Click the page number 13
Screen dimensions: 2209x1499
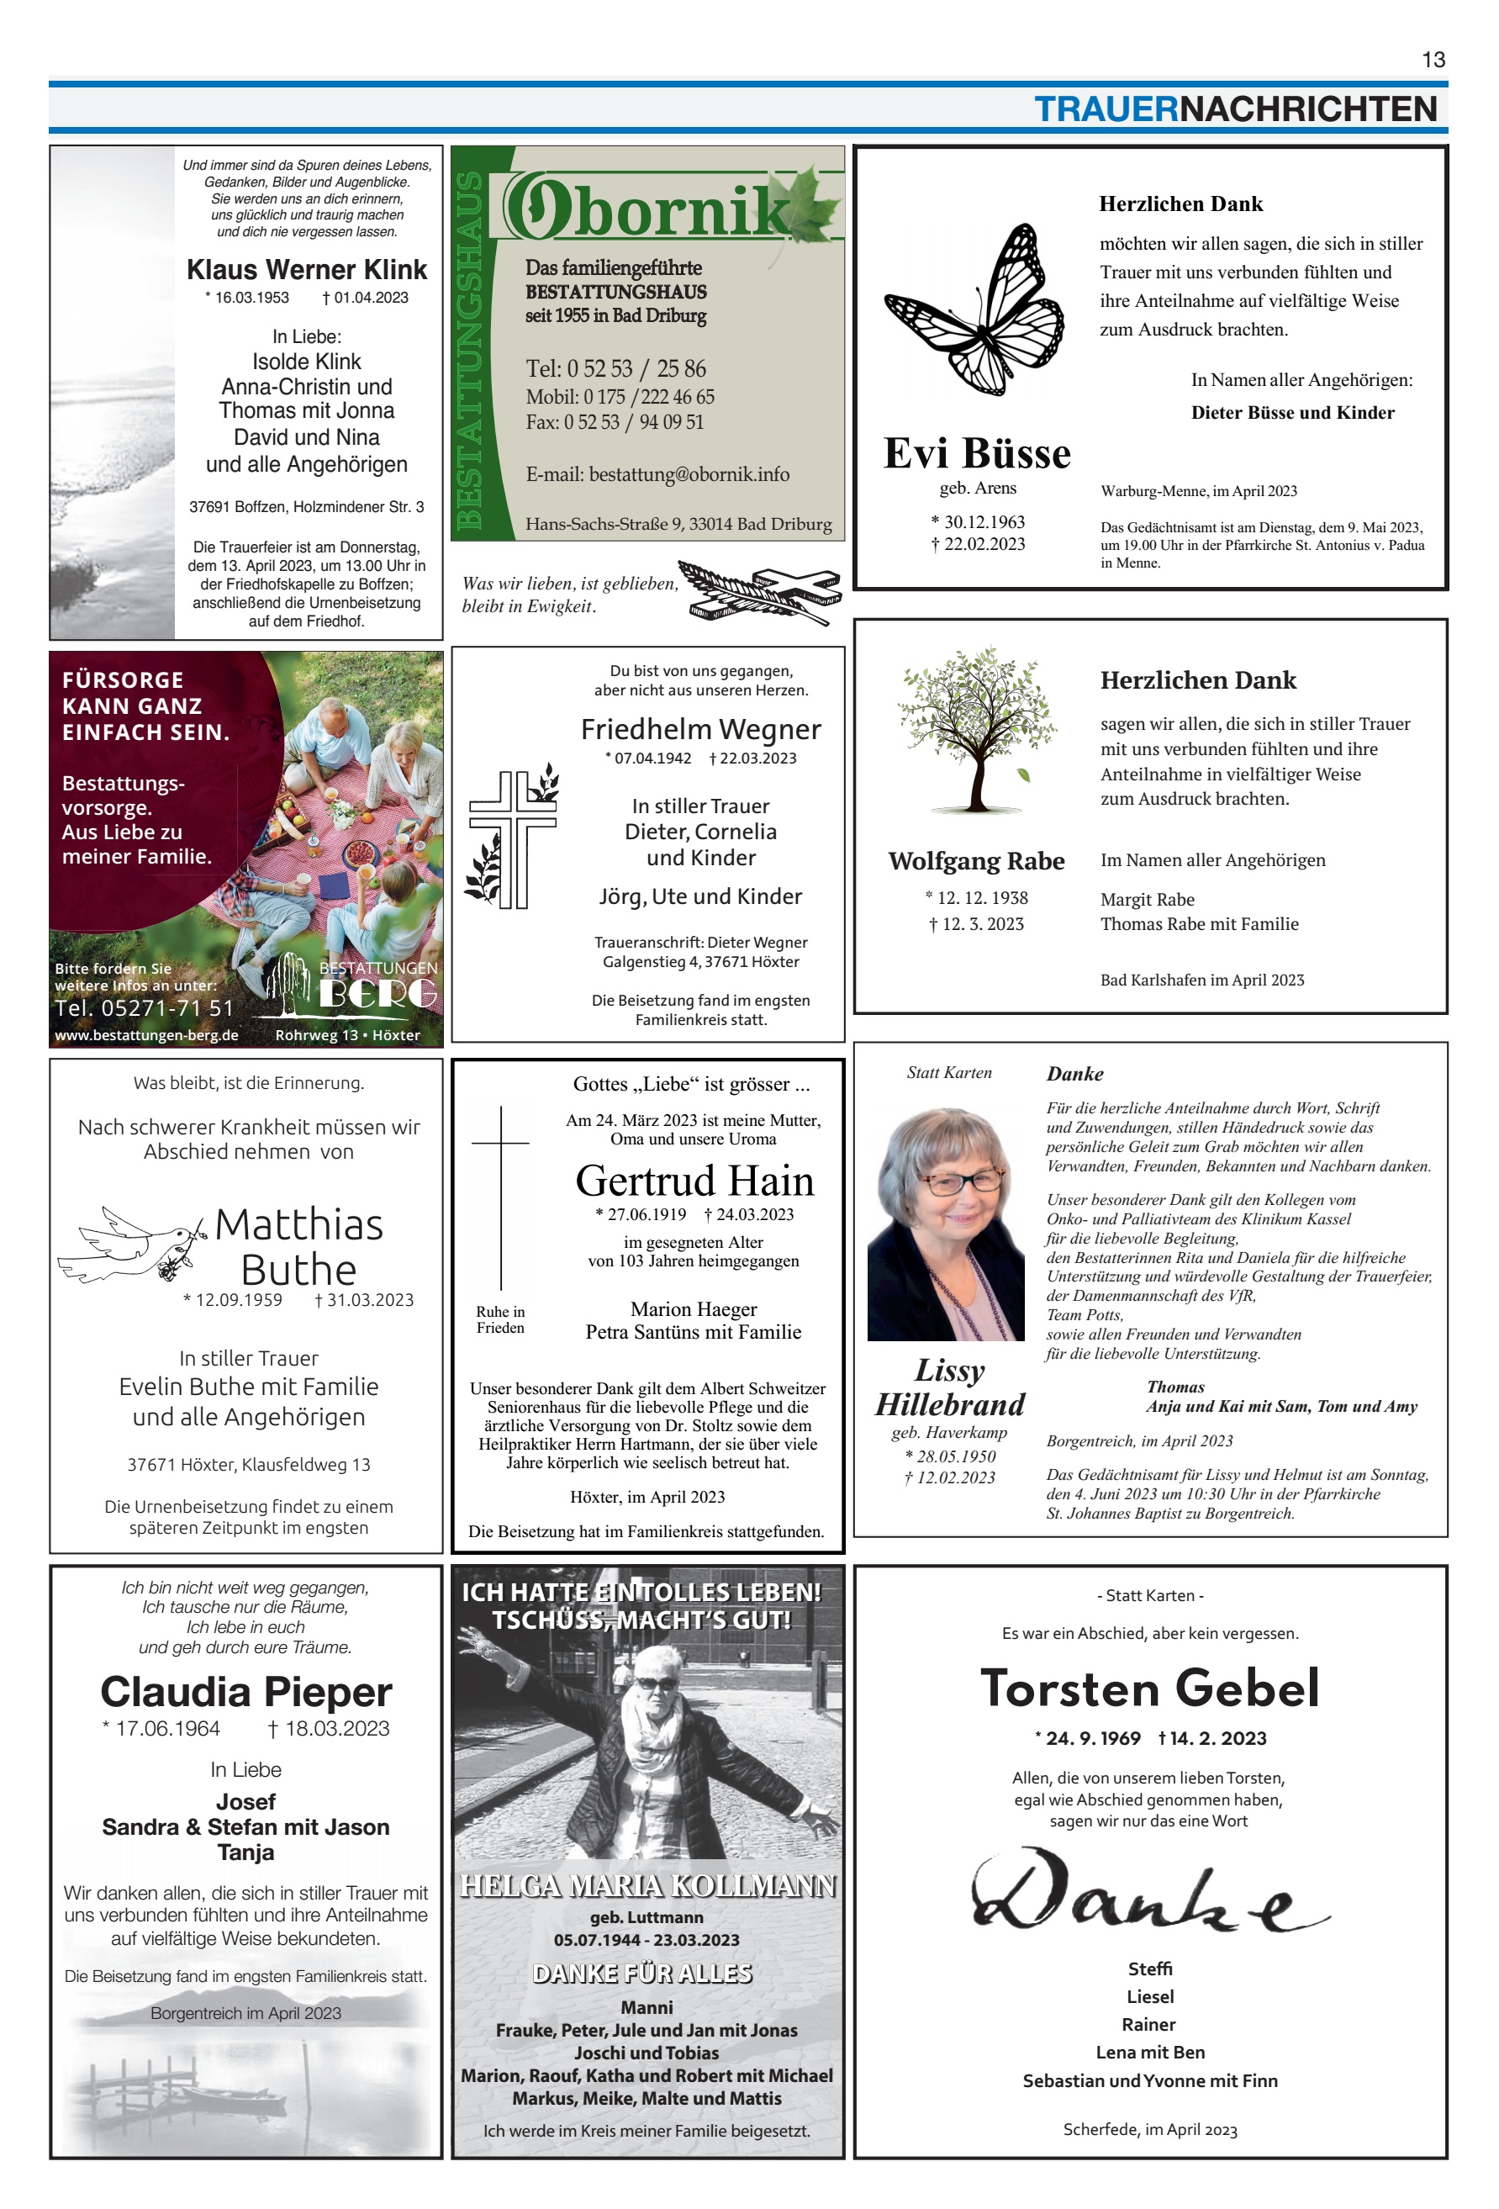(x=1433, y=60)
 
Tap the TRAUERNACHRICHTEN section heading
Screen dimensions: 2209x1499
(x=1235, y=109)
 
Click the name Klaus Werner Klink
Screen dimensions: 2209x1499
(x=306, y=270)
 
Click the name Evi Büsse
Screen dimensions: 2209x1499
(x=976, y=453)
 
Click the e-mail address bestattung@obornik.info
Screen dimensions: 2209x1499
(x=657, y=474)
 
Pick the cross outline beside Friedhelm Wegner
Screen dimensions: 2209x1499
(x=512, y=838)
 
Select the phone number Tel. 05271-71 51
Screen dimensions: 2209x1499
(x=144, y=1007)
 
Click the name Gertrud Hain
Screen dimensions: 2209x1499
(x=694, y=1181)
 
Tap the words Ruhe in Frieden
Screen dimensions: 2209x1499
(x=500, y=1319)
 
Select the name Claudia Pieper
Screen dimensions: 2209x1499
(x=246, y=1692)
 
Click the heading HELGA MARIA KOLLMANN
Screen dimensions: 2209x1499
(x=647, y=1886)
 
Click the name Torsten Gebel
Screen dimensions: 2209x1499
(x=1149, y=1689)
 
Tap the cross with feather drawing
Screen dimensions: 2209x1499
(x=761, y=593)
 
